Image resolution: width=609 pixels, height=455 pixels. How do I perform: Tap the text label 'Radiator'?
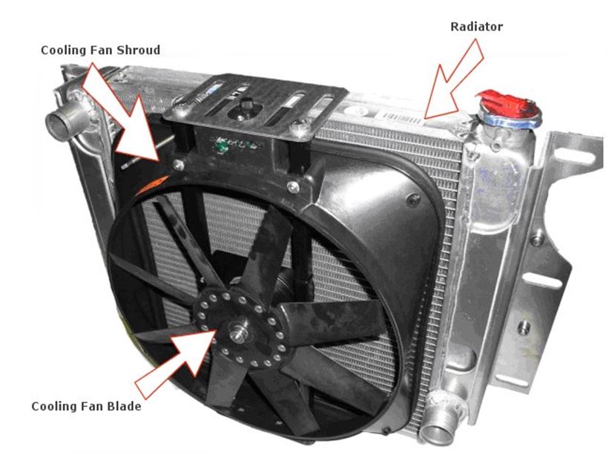pos(476,27)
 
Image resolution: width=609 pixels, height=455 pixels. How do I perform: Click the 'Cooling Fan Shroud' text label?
pos(100,50)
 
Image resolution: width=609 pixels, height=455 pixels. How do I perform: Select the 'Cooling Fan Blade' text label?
pos(86,407)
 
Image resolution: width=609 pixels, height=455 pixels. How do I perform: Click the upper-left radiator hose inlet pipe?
pos(64,120)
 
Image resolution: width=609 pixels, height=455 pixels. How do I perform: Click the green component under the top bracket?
pos(222,146)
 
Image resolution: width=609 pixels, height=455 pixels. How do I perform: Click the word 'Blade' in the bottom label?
pos(125,407)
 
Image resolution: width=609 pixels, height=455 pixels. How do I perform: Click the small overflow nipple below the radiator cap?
pos(496,145)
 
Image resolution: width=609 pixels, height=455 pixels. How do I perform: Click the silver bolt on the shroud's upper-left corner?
pos(179,165)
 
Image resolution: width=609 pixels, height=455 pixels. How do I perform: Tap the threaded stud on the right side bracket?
pos(524,327)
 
